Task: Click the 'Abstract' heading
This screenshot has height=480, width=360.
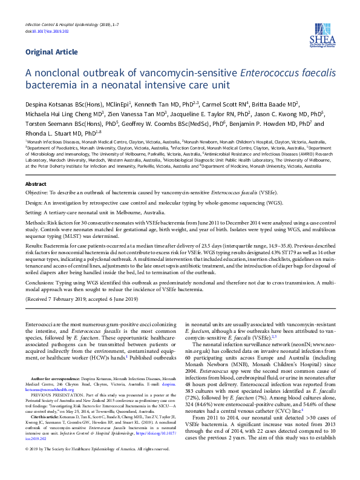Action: pos(36,183)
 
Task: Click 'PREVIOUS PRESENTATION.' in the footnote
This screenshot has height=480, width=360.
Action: pos(60,395)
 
